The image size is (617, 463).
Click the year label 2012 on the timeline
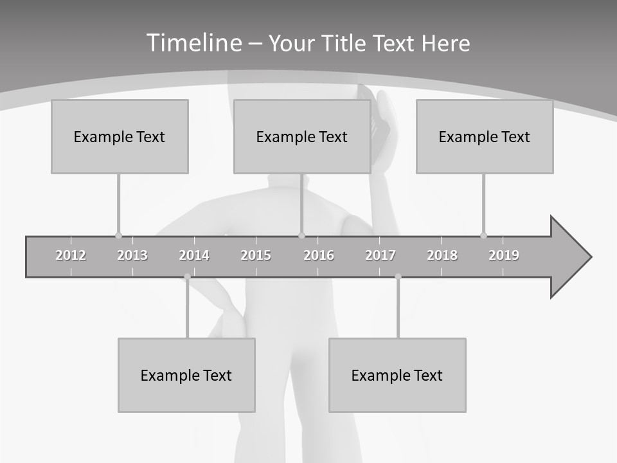[71, 255]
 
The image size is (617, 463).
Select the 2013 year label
[132, 255]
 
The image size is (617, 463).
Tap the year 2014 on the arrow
[194, 255]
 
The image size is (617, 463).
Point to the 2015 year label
[256, 255]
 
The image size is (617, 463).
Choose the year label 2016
[319, 255]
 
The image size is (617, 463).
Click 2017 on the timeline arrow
[380, 255]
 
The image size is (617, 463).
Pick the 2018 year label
[442, 255]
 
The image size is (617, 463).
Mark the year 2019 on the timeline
[504, 255]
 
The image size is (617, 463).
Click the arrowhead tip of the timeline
[590, 257]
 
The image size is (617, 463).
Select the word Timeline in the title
[193, 43]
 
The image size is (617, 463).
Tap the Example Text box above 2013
[120, 136]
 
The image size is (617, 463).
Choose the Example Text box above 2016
[302, 136]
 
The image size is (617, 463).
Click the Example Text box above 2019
[485, 136]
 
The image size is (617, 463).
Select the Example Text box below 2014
[186, 375]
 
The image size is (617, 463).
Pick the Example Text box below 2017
[397, 375]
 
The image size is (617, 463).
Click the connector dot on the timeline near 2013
[118, 235]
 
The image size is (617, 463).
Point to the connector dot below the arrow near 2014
[187, 277]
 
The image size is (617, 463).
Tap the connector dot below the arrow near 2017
[398, 277]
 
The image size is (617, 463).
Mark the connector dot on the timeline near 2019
[483, 235]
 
